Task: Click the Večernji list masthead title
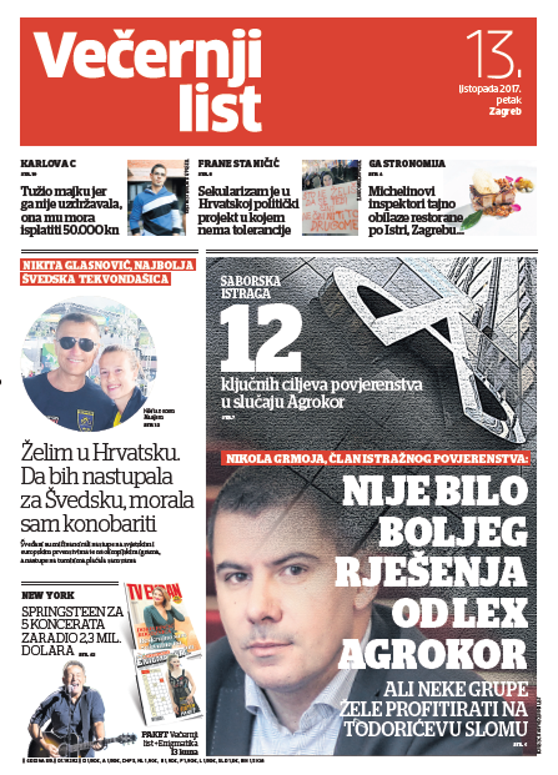point(148,80)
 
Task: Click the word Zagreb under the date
point(505,111)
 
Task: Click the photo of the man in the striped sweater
point(156,199)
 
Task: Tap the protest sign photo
point(330,199)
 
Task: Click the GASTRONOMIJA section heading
point(407,164)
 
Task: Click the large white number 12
point(261,341)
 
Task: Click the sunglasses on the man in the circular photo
point(77,343)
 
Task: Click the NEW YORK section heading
point(48,595)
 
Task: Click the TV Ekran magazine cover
point(163,617)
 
